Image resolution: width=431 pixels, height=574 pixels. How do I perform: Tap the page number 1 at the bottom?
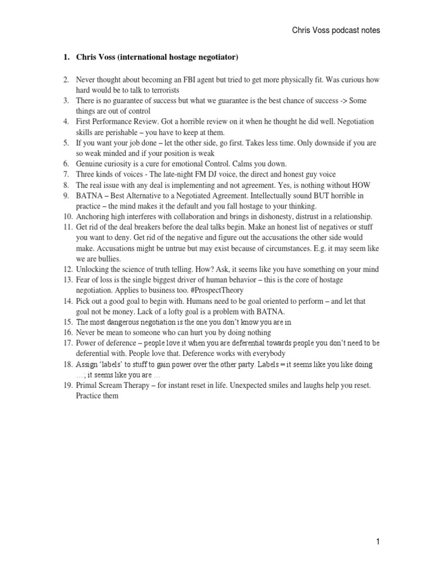pyautogui.click(x=378, y=541)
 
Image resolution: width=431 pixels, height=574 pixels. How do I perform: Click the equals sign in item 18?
pyautogui.click(x=287, y=364)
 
